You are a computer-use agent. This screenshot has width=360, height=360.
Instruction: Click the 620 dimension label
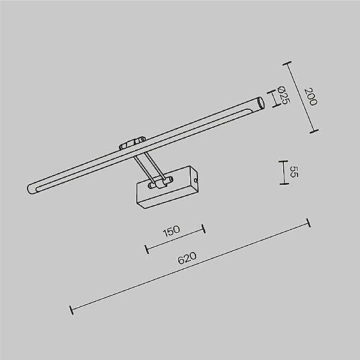187,258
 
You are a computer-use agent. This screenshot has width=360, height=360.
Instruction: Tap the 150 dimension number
171,231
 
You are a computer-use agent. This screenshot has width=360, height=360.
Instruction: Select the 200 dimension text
310,97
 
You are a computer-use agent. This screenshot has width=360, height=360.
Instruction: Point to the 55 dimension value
293,172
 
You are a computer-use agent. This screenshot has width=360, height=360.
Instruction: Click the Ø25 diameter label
283,95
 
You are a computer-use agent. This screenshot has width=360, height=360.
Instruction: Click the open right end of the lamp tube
260,103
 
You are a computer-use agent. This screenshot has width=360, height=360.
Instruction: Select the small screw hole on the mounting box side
196,181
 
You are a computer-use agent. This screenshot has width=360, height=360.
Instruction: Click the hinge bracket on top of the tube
132,143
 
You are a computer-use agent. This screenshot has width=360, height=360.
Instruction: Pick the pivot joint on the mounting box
160,183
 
